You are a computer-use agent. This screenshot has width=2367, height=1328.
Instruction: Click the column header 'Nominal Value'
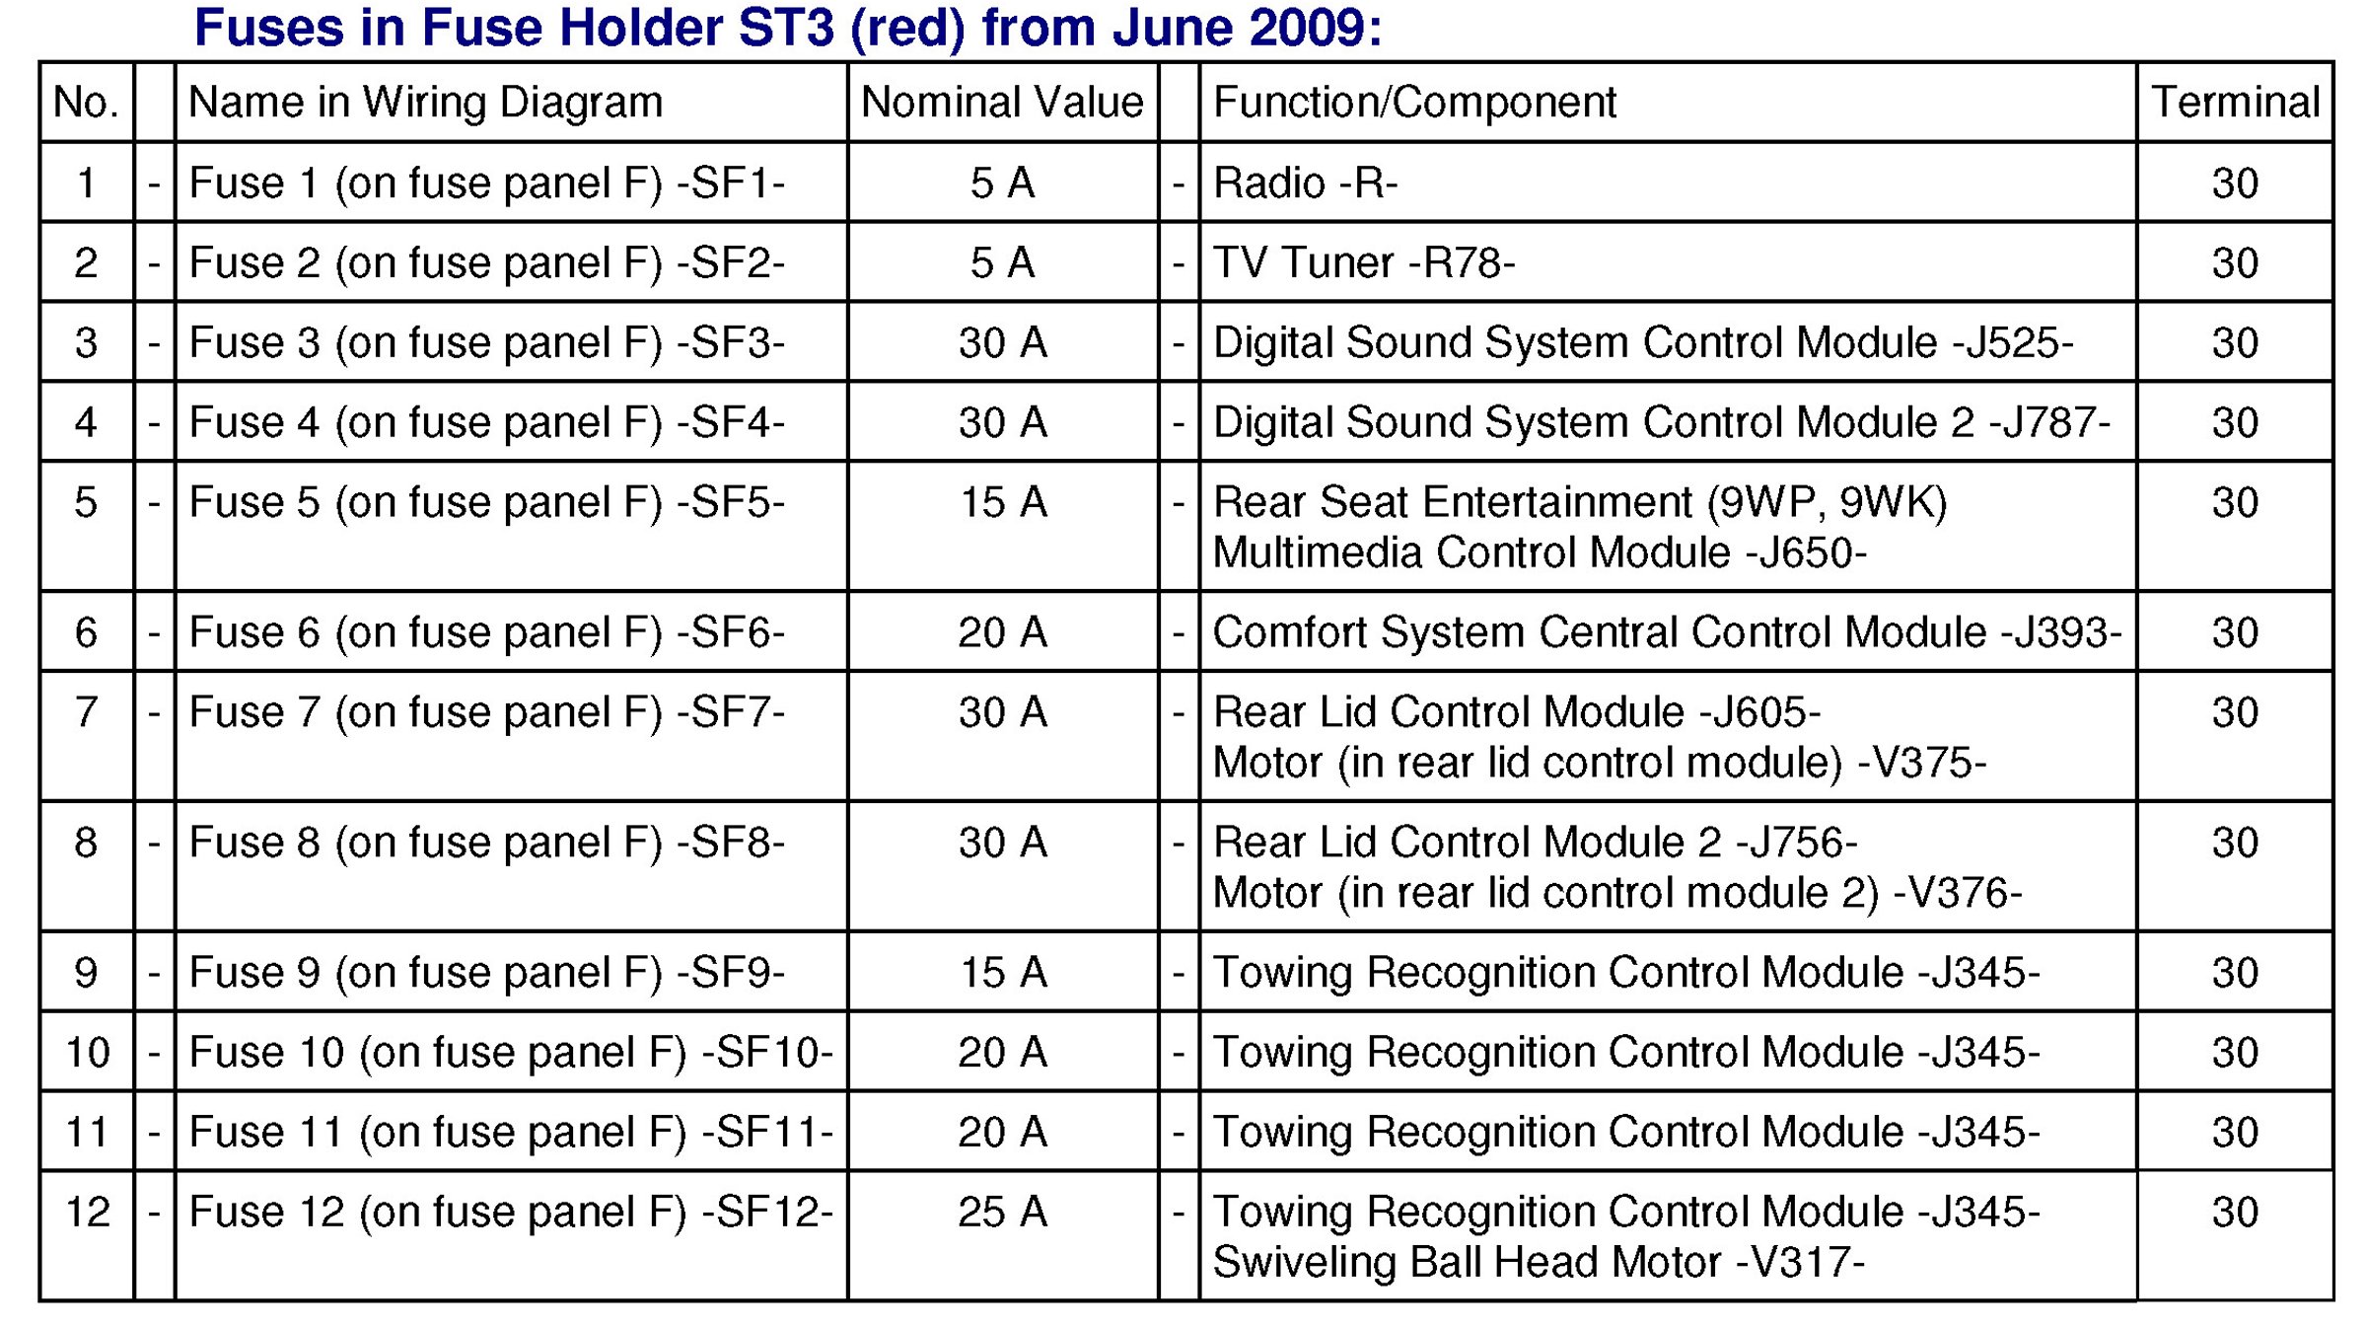tap(1002, 102)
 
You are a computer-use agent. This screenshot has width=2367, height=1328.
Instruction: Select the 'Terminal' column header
tap(2235, 102)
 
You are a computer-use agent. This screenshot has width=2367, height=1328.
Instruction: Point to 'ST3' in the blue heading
tap(786, 27)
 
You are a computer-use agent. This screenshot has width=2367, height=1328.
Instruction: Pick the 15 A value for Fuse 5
tap(1003, 502)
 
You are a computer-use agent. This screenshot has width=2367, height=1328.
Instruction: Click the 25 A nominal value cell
tap(1002, 1212)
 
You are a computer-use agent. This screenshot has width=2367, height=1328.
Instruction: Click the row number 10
tap(87, 1052)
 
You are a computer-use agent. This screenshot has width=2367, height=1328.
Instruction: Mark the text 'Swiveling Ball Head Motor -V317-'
tap(1539, 1262)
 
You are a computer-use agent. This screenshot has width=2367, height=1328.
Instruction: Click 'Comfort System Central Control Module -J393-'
tap(1667, 632)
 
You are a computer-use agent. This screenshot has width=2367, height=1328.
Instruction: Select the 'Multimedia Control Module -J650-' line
tap(1540, 553)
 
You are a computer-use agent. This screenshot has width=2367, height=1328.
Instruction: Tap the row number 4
tap(86, 422)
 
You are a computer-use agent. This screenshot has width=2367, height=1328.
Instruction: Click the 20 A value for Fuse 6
tap(1002, 632)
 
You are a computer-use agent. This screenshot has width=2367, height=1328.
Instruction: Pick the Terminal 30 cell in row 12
tap(2235, 1212)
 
